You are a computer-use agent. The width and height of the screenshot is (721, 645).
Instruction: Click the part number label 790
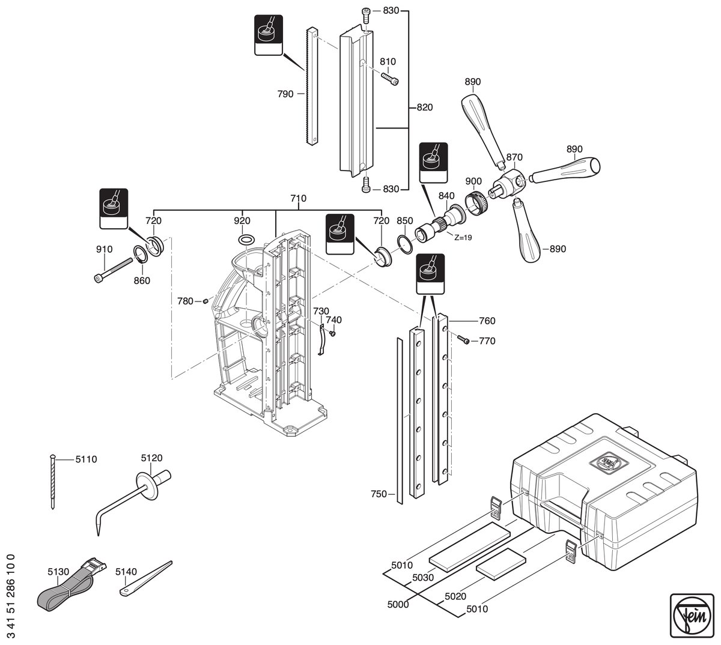pyautogui.click(x=285, y=94)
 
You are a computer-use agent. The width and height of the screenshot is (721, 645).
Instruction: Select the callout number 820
pyautogui.click(x=425, y=107)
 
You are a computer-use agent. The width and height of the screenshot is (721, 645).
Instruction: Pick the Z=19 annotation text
pyautogui.click(x=463, y=238)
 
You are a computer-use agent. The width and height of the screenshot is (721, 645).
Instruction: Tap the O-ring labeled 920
pyautogui.click(x=246, y=240)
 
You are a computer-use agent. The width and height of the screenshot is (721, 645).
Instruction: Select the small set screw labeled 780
pyautogui.click(x=205, y=301)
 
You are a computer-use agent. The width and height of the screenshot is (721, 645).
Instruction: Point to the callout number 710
pyautogui.click(x=298, y=198)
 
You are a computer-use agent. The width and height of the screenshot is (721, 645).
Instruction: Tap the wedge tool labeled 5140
pyautogui.click(x=145, y=579)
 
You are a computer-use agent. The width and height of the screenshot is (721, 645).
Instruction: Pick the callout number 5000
pyautogui.click(x=398, y=604)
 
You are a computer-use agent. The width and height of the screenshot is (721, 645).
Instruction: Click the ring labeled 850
pyautogui.click(x=404, y=244)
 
